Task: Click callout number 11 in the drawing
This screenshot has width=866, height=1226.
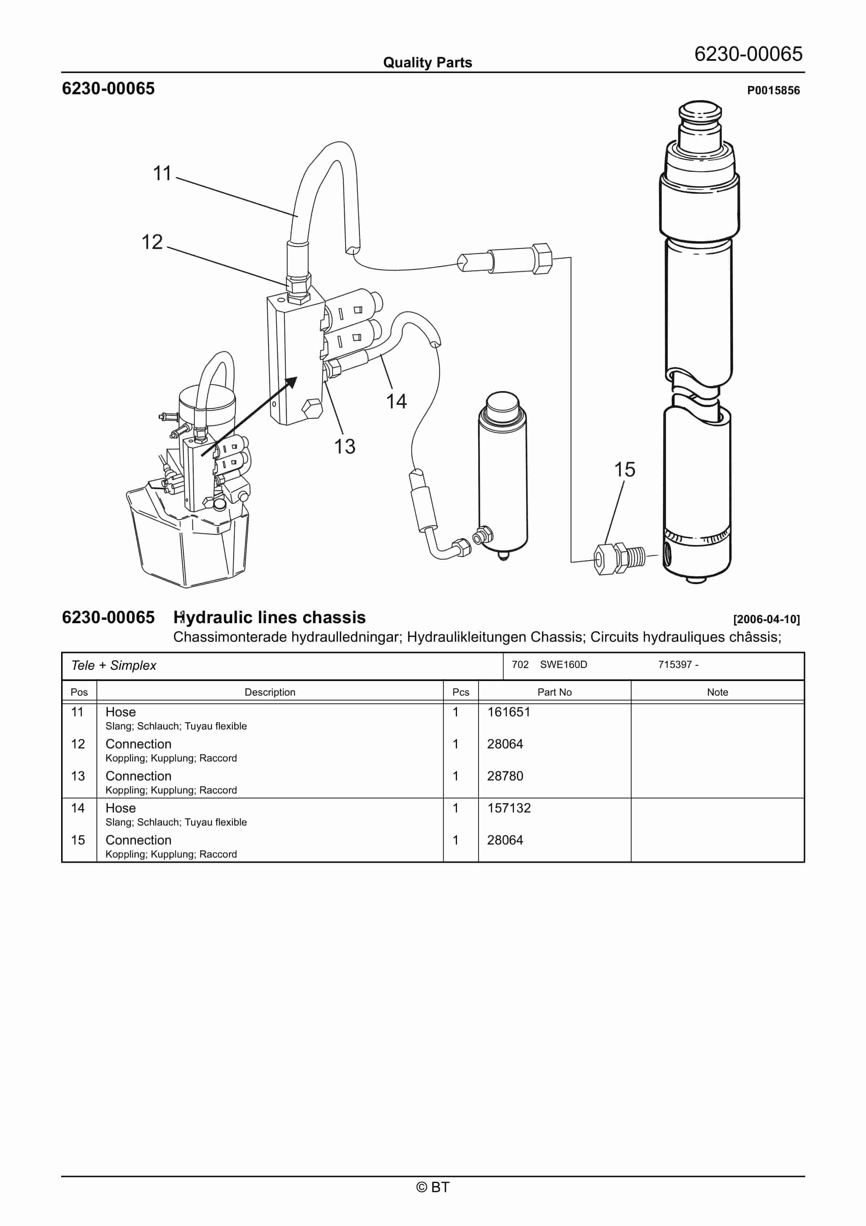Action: (x=162, y=174)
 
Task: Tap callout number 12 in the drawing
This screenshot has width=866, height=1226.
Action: (x=152, y=242)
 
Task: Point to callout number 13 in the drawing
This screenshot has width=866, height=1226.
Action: (x=344, y=446)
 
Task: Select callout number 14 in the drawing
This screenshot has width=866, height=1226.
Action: (x=396, y=402)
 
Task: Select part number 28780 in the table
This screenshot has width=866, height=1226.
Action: (x=505, y=776)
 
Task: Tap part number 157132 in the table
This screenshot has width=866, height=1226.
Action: (x=509, y=808)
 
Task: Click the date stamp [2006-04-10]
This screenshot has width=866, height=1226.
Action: (x=766, y=620)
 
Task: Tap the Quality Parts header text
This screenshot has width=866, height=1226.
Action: (x=427, y=63)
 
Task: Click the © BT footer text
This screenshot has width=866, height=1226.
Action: (x=433, y=1187)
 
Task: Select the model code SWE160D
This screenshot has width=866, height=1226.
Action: (x=563, y=665)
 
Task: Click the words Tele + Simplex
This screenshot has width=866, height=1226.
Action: (x=114, y=666)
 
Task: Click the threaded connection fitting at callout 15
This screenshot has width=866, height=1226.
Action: (x=619, y=558)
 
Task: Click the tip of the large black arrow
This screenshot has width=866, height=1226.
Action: (x=296, y=379)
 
